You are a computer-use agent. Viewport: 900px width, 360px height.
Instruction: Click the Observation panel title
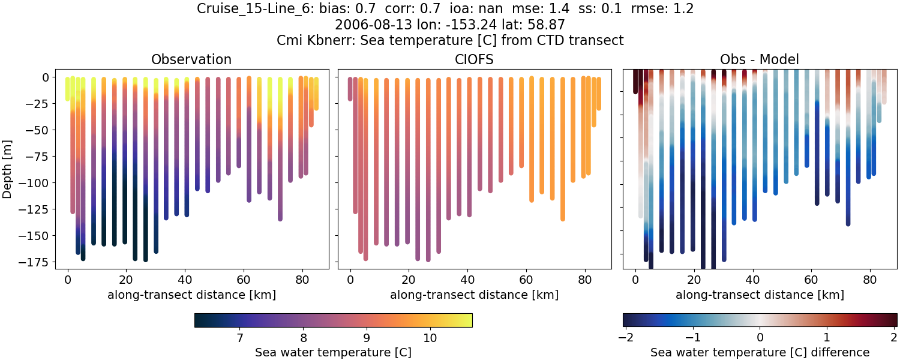click(191, 59)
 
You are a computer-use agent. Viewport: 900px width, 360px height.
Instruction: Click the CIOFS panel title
click(474, 59)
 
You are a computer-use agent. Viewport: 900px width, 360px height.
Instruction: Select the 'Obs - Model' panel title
click(759, 59)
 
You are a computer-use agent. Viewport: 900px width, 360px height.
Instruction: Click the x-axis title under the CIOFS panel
click(474, 295)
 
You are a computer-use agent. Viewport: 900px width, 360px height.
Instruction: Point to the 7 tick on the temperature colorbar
click(239, 337)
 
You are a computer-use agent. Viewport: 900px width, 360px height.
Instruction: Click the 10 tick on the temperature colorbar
click(429, 337)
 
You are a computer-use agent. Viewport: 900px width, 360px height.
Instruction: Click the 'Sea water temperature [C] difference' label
click(760, 352)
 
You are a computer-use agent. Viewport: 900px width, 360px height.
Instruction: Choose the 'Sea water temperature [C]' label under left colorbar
click(333, 352)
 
